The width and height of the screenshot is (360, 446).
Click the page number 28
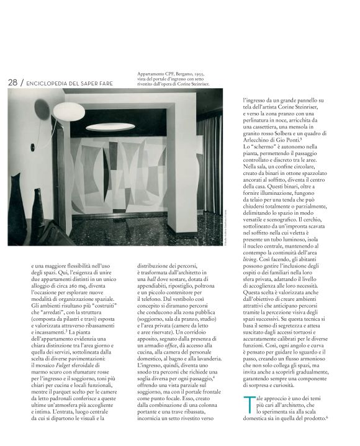(x=12, y=83)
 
